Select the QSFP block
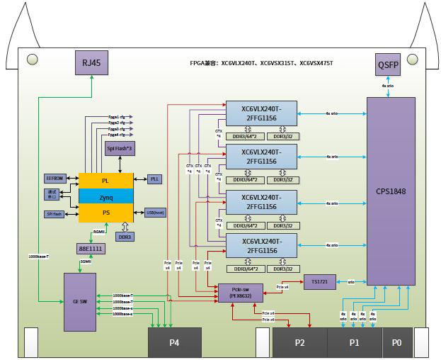click(388, 64)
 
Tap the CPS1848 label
click(391, 191)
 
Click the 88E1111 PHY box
click(91, 249)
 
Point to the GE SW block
click(80, 301)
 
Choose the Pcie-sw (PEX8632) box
click(241, 293)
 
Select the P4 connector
click(174, 342)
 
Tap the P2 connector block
click(299, 342)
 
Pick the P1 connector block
click(355, 342)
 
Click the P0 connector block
click(397, 342)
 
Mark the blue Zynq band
click(105, 195)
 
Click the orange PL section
click(105, 180)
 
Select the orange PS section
click(105, 211)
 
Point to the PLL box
click(155, 179)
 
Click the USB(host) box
click(155, 212)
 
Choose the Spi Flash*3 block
click(119, 149)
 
